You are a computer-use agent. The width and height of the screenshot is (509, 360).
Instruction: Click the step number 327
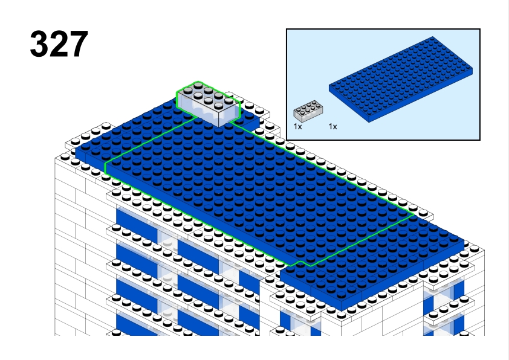(59, 44)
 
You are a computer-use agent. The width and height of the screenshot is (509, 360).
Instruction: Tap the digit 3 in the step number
(39, 44)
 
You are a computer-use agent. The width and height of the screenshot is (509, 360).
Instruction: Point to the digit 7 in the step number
(79, 44)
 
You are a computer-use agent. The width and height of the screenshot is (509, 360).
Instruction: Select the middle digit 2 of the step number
(59, 44)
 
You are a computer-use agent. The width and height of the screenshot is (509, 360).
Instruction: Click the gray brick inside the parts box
(308, 111)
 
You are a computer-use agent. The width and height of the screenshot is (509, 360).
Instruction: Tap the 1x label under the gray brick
(297, 127)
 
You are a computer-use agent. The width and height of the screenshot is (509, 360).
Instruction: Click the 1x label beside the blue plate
(332, 127)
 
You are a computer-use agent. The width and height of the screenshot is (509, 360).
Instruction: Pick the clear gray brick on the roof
(209, 103)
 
